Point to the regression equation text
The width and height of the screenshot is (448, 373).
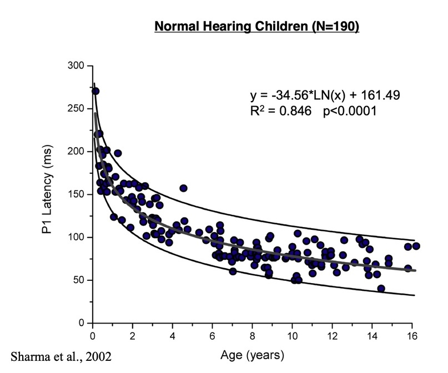(325, 95)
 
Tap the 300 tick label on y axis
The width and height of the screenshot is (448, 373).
(76, 66)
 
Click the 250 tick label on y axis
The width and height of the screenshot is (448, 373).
(76, 109)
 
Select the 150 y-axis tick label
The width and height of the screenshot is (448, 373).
(76, 194)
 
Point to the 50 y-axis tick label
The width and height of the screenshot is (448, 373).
(78, 280)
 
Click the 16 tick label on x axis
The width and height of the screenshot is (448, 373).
(412, 335)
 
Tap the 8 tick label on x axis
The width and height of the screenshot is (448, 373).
(253, 335)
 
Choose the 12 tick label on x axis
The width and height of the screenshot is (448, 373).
(333, 335)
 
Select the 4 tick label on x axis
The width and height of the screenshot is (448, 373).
(173, 335)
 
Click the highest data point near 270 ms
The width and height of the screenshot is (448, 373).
(95, 91)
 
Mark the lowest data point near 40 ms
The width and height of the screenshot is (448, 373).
(381, 289)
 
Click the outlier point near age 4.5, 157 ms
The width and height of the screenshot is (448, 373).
(183, 188)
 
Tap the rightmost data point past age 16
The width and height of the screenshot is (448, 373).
(416, 246)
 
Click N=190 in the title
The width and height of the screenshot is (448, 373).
(334, 27)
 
